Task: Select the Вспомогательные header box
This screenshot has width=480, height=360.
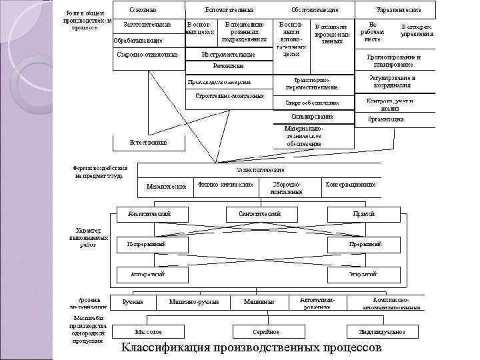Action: point(229,10)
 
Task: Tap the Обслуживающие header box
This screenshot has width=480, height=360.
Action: point(314,10)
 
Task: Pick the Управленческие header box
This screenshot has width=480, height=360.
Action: point(397,10)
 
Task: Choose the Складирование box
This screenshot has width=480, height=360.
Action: point(313,117)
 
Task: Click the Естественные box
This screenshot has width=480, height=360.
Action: point(148,142)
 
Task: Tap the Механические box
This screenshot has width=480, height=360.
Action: point(166,186)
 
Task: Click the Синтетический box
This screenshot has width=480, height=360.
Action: point(259,213)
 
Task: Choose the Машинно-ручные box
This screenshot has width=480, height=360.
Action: point(194,302)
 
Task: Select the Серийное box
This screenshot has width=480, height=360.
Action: point(265,331)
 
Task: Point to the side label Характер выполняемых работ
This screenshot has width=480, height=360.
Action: point(87,237)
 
